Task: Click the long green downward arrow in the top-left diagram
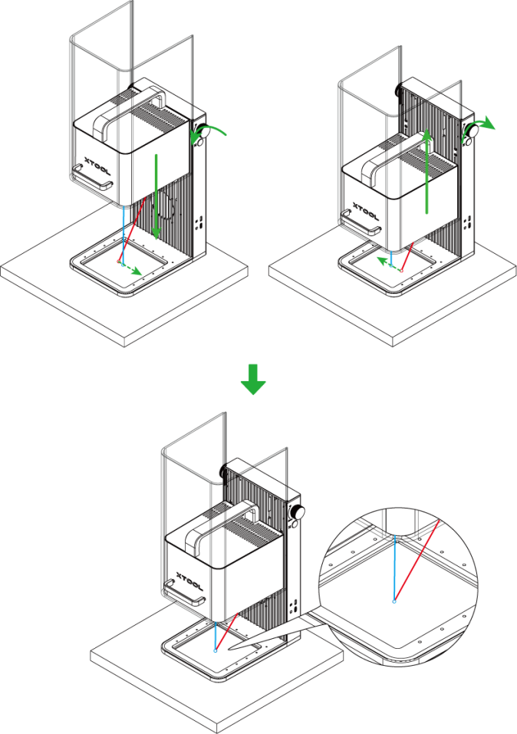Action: coord(156,196)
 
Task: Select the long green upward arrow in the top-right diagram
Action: coord(426,173)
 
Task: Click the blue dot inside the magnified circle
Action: coord(394,601)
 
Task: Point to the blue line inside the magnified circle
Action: coord(394,568)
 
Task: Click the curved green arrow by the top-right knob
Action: coord(483,123)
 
